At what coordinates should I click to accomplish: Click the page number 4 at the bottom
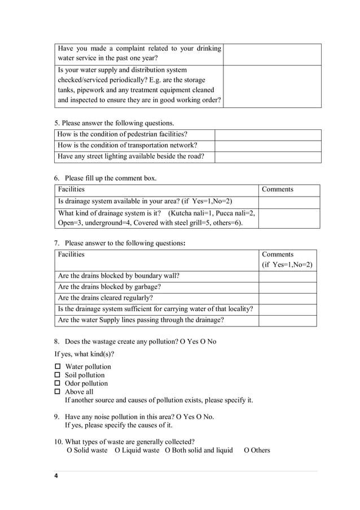click(56, 476)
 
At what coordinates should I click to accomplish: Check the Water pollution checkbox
click(57, 367)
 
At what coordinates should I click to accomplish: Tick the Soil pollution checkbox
click(57, 375)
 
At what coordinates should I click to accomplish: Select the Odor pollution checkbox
click(57, 383)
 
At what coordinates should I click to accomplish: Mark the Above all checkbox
click(57, 391)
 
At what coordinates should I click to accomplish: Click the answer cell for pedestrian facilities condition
click(267, 134)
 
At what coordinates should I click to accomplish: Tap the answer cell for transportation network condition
click(267, 146)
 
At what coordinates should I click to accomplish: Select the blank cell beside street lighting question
click(267, 157)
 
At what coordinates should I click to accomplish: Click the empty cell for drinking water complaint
click(272, 54)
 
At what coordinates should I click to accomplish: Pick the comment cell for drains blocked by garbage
click(287, 287)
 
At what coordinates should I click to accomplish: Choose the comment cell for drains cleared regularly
click(287, 298)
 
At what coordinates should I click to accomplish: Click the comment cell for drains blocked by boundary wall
click(287, 276)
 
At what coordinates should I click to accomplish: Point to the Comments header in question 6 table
click(278, 190)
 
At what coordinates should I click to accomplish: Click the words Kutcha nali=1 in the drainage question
click(195, 213)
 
